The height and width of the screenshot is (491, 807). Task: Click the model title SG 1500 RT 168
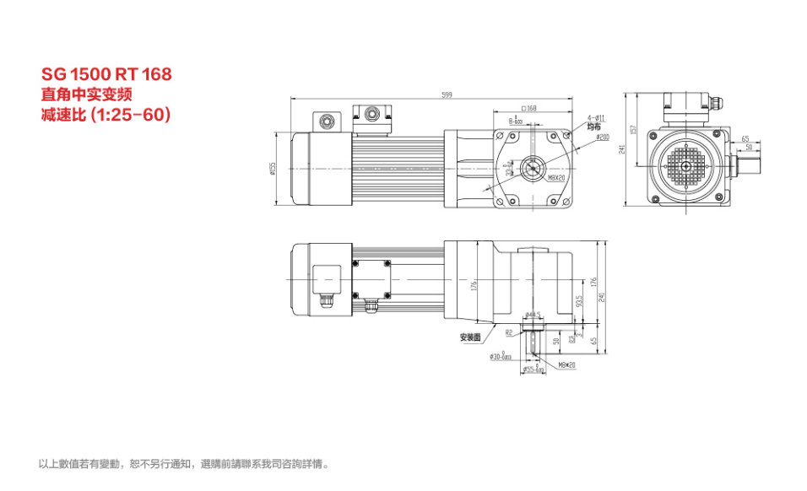point(106,74)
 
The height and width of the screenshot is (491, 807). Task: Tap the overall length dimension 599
point(446,94)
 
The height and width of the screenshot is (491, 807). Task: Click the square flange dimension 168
point(529,109)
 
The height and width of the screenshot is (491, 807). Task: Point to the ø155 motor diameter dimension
point(274,170)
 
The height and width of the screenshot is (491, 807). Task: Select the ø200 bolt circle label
point(602,137)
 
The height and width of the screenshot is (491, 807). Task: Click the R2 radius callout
point(510,332)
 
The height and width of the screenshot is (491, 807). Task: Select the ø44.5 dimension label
point(532,316)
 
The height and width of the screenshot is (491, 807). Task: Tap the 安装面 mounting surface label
point(469,337)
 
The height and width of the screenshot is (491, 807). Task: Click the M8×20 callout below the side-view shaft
point(566,365)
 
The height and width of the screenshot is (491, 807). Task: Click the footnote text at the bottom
point(184,464)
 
